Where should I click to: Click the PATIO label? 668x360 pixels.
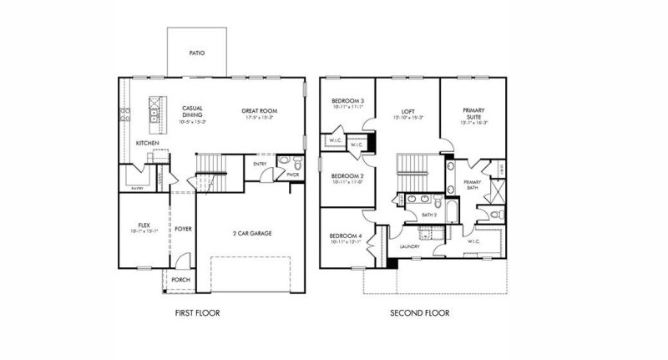coord(197,53)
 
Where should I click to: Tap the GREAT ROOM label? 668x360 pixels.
coord(260,110)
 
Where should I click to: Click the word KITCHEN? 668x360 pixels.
coord(147,143)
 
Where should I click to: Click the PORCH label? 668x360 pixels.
coord(180,280)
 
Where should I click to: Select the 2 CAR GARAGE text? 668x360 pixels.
coord(252,233)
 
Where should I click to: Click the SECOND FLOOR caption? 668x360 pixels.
coord(420,314)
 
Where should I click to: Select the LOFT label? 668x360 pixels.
coord(407,110)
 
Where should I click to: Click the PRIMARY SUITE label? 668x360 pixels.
coord(474,113)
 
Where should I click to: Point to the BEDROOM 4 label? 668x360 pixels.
coord(346,238)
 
